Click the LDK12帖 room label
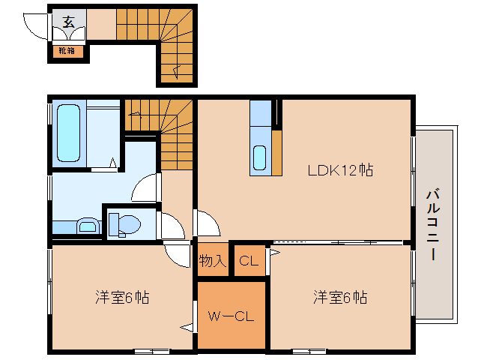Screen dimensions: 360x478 [x=340, y=169]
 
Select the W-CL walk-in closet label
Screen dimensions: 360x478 [x=231, y=316]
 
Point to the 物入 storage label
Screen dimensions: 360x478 [x=212, y=261]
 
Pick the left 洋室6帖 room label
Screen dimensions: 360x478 [x=122, y=297]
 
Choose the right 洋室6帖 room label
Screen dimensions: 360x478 [x=339, y=297]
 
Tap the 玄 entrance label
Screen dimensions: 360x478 [x=68, y=22]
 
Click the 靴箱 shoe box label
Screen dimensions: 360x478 [x=67, y=51]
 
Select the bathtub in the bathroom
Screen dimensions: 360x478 [x=68, y=133]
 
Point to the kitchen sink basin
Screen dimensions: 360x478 [x=259, y=157]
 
